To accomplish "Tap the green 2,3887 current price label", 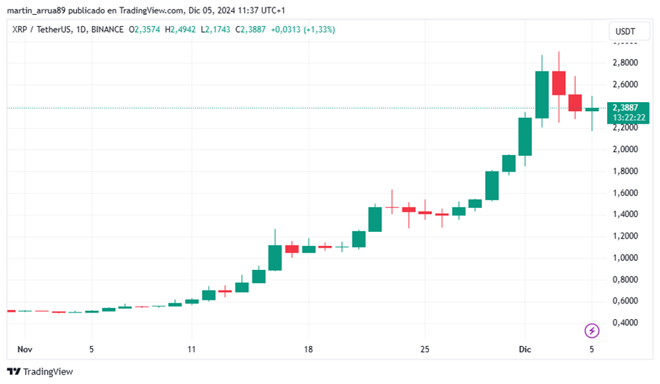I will [627, 107].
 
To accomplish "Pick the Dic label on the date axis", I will [524, 348].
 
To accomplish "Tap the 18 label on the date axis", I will [308, 348].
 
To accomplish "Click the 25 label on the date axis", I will [425, 348].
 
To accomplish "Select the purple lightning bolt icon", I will [592, 330].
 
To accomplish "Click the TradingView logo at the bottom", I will [40, 371].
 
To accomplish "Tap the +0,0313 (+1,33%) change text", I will [302, 30].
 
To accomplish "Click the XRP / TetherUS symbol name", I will [41, 30].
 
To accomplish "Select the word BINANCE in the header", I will [108, 30].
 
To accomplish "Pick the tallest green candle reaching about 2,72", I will [542, 95].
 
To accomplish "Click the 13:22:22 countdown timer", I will [629, 118].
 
